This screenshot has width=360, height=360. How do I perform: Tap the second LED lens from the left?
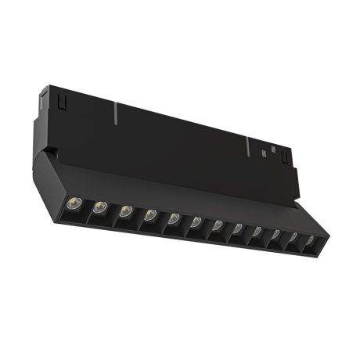coord(100,207)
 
